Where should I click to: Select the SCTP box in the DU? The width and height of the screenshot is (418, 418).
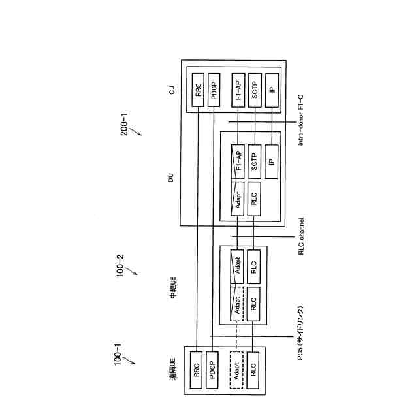coord(255,163)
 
